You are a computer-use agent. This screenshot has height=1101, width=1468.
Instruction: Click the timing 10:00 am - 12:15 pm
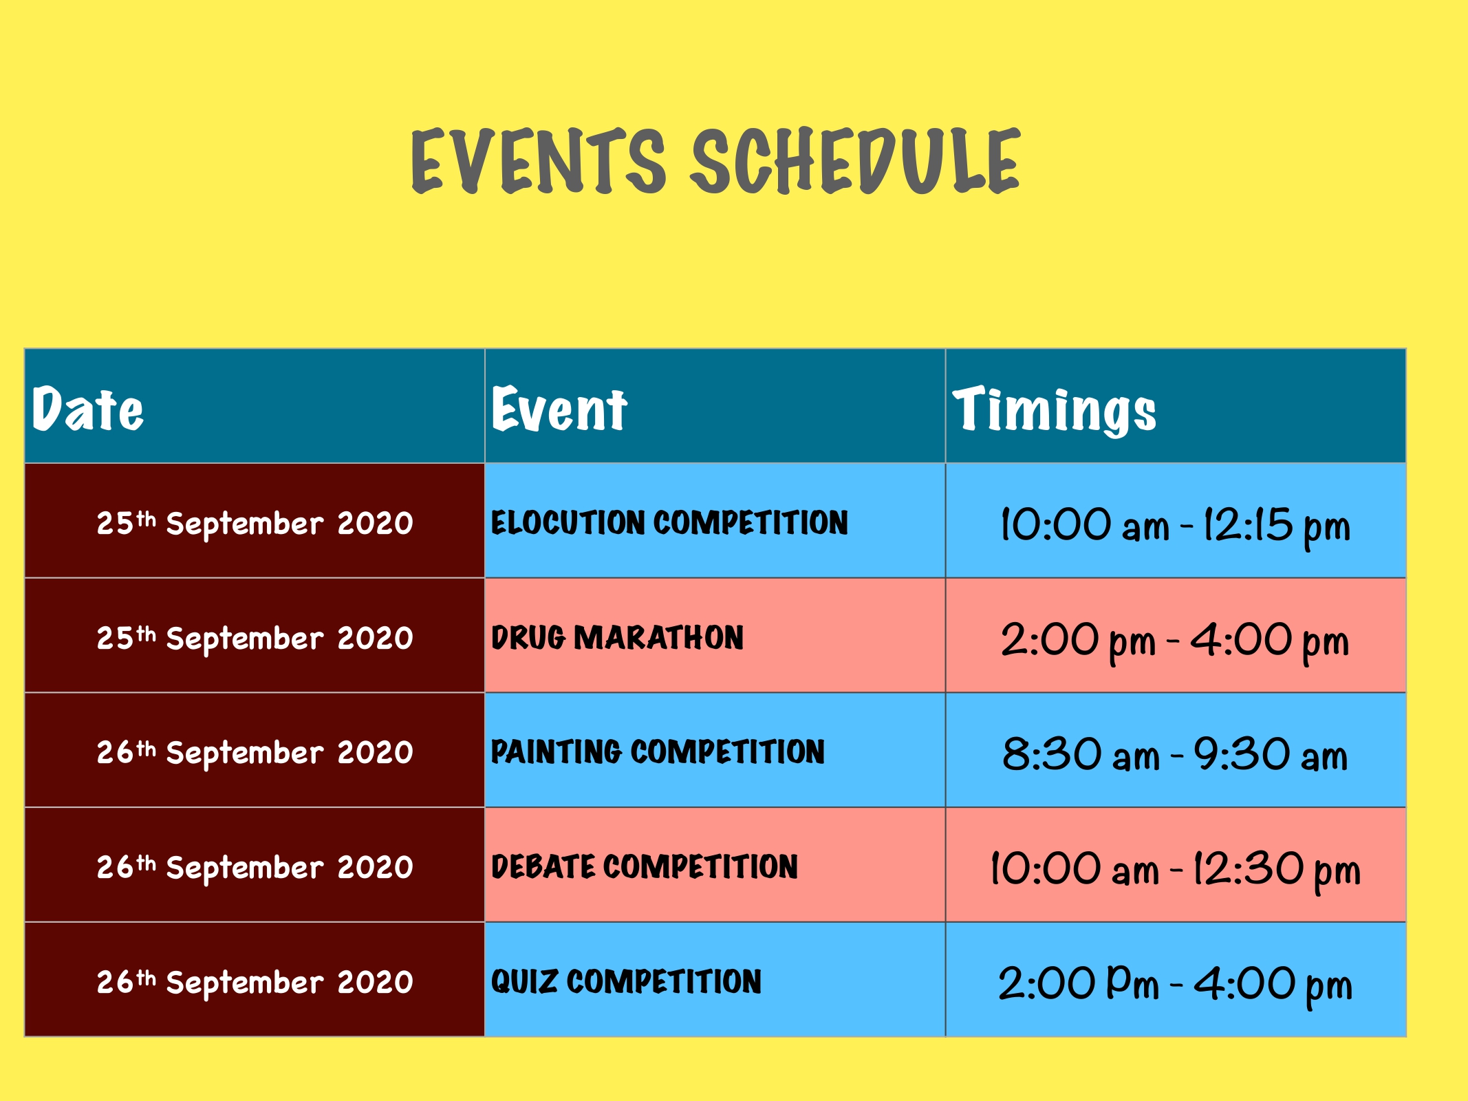coord(1176,526)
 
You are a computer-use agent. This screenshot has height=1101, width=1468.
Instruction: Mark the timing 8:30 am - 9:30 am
coord(1175,754)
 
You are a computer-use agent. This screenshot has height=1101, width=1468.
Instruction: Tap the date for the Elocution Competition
coord(255,524)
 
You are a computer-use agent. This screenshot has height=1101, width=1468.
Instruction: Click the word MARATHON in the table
coord(659,637)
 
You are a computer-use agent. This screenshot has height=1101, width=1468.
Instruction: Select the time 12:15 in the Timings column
coord(1248,525)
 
